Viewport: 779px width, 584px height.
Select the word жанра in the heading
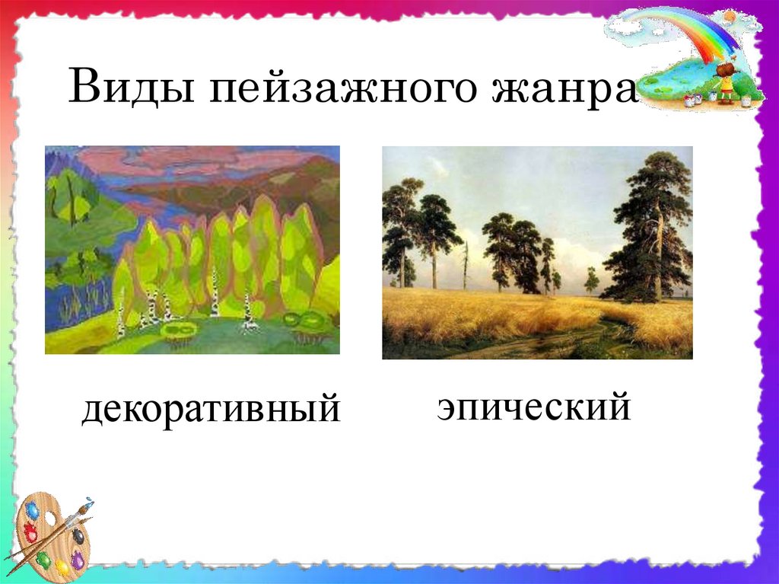coord(564,90)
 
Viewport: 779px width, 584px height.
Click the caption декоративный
coord(211,409)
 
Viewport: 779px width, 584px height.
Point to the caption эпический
coord(534,407)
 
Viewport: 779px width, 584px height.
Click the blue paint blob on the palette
coord(33,511)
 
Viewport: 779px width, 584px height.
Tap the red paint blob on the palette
coord(30,533)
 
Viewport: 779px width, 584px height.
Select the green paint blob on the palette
coord(43,559)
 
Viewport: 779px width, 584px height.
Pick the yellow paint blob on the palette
coord(62,567)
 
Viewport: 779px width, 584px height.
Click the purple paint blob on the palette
coord(78,560)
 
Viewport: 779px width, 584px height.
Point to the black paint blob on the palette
coord(78,536)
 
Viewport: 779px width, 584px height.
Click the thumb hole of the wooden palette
coord(49,519)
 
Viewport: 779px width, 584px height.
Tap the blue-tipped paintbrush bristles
coord(87,503)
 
